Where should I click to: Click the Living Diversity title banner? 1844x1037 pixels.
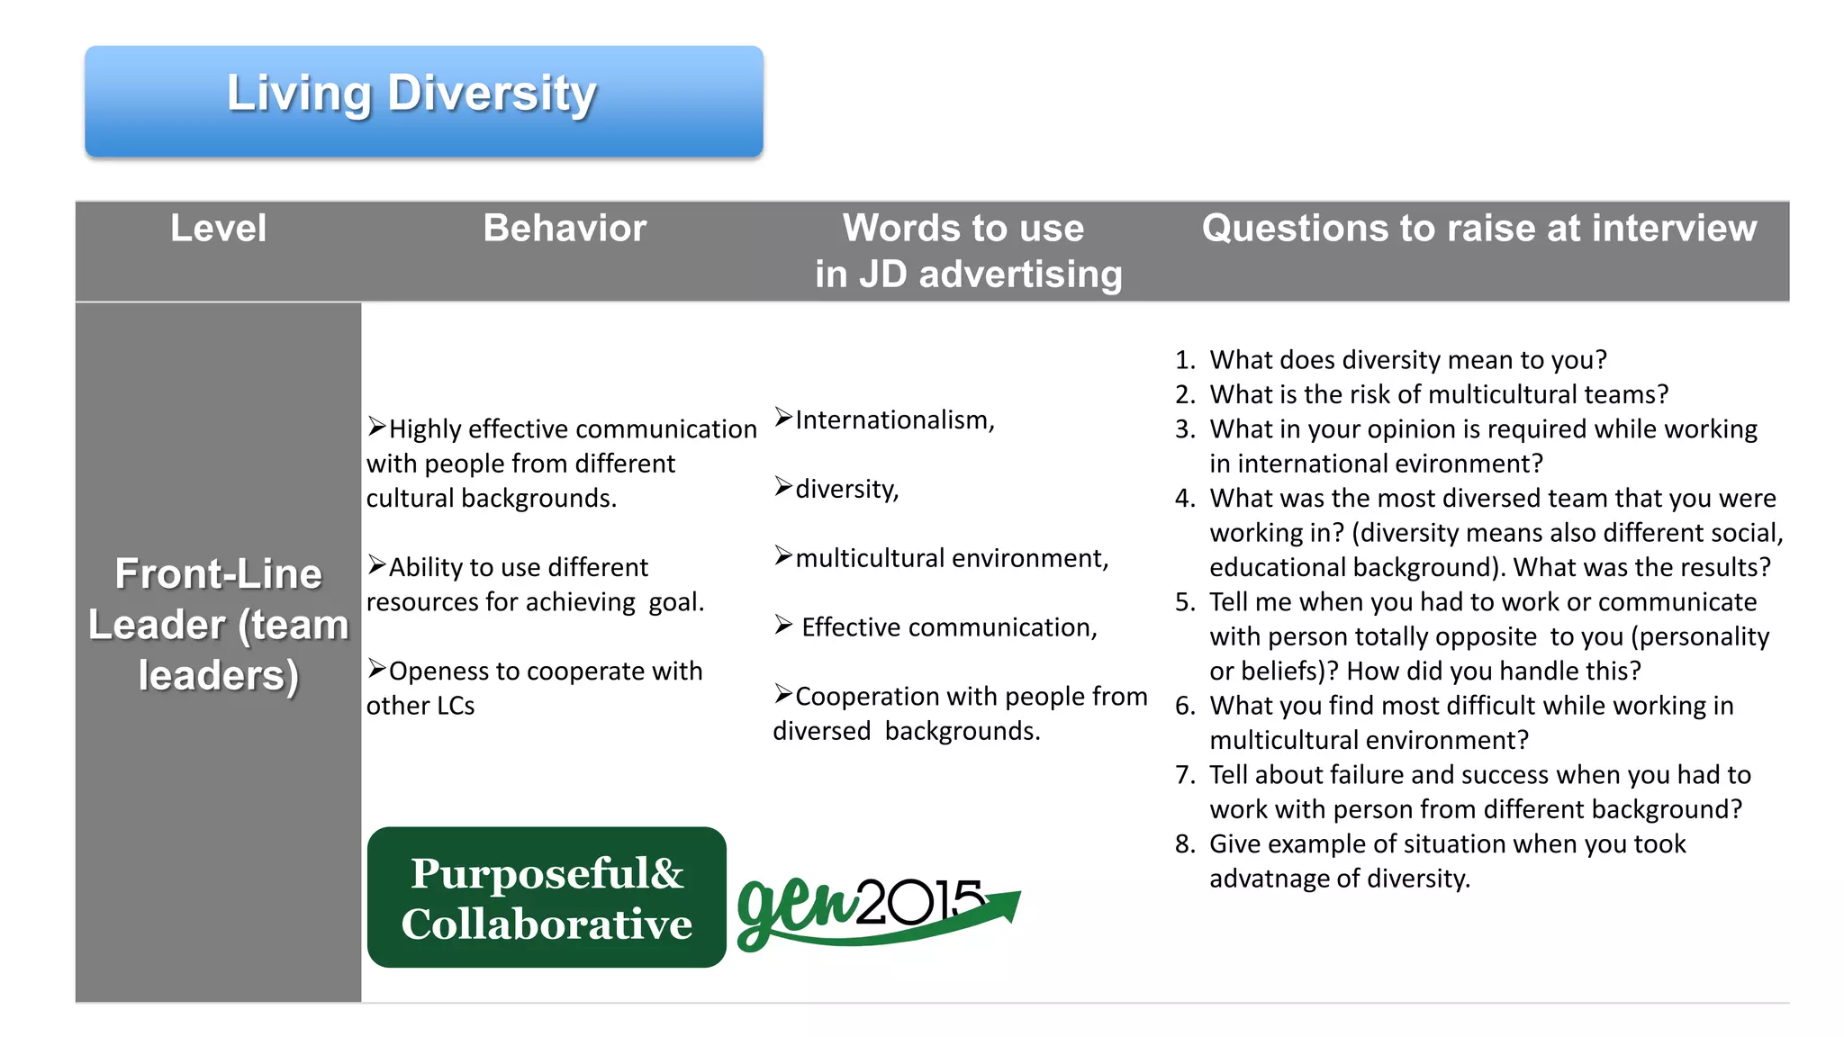pyautogui.click(x=423, y=101)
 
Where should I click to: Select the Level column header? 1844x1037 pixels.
pyautogui.click(x=218, y=229)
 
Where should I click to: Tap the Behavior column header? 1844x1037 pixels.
pyautogui.click(x=565, y=229)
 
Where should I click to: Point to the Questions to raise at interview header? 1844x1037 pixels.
pyautogui.click(x=1478, y=229)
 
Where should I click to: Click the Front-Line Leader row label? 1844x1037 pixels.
pyautogui.click(x=218, y=625)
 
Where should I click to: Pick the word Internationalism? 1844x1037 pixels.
pyautogui.click(x=893, y=420)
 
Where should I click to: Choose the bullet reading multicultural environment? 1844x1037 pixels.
pyautogui.click(x=951, y=559)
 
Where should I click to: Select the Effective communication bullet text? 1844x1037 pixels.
pyautogui.click(x=949, y=627)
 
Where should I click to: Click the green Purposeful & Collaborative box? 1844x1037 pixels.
pyautogui.click(x=547, y=897)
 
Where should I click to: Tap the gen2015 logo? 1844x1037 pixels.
pyautogui.click(x=878, y=909)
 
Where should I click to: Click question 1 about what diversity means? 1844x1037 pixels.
pyautogui.click(x=1407, y=360)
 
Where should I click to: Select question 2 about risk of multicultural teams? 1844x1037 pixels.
pyautogui.click(x=1438, y=394)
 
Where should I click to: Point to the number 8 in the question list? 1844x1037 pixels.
pyautogui.click(x=1184, y=844)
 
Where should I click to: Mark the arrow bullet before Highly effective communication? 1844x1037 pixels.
pyautogui.click(x=376, y=427)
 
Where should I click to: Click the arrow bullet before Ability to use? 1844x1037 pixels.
pyautogui.click(x=376, y=565)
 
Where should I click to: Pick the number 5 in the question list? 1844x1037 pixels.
pyautogui.click(x=1184, y=602)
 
